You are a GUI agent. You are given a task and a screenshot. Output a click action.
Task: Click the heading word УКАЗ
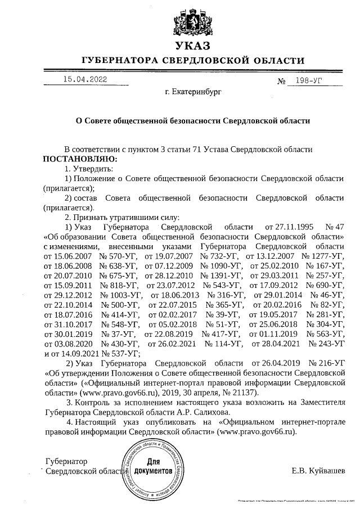(192, 46)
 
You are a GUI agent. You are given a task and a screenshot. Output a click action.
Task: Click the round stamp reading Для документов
(152, 468)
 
